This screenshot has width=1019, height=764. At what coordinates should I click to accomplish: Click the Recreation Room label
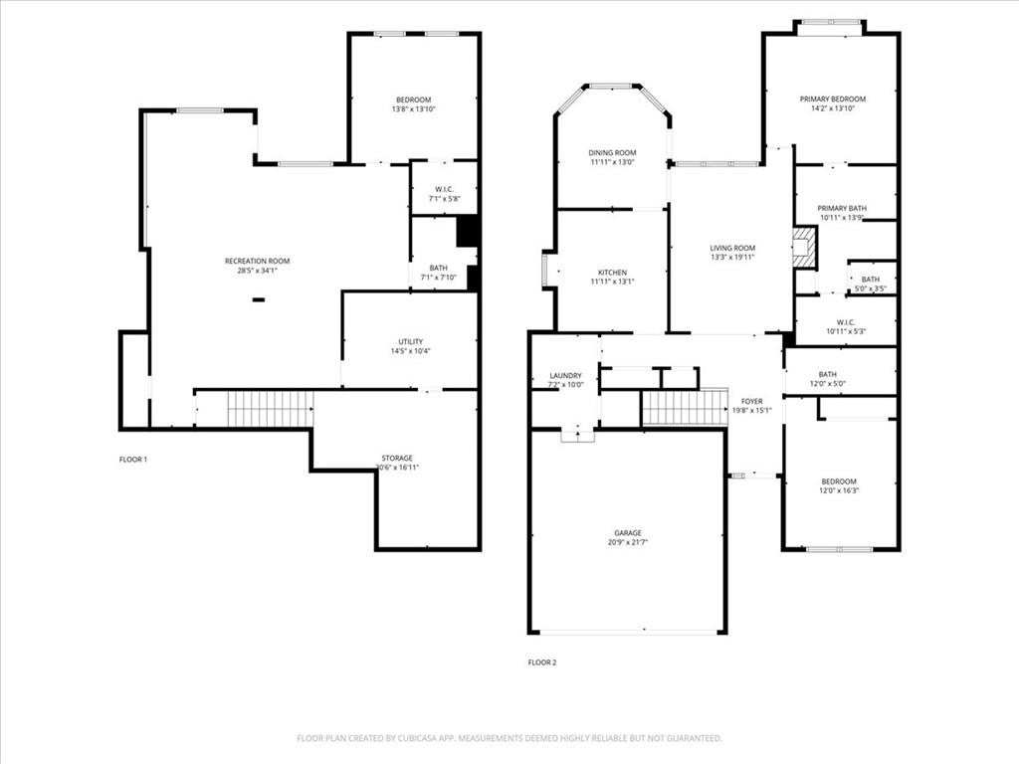[258, 262]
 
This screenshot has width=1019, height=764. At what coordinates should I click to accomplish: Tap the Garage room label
[628, 533]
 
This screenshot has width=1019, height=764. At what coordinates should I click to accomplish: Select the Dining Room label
[612, 153]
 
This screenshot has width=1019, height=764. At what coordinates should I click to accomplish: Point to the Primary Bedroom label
[833, 99]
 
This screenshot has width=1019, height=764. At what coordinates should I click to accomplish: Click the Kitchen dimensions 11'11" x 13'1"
[612, 282]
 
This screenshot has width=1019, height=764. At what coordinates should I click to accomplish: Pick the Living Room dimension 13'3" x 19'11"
[732, 258]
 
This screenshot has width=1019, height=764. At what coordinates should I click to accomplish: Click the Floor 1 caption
[133, 460]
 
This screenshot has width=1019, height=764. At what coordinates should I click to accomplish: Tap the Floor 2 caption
[542, 663]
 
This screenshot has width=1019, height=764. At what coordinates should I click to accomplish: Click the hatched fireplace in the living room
[804, 247]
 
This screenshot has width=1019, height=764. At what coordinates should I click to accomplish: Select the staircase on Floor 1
[270, 409]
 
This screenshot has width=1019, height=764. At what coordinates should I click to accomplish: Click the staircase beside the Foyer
[685, 407]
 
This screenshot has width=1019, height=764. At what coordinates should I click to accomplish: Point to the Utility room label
[411, 342]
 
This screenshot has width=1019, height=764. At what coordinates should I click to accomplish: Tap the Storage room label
[397, 458]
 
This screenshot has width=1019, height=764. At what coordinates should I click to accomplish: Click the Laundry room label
[565, 375]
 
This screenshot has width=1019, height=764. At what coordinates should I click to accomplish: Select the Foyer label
[752, 402]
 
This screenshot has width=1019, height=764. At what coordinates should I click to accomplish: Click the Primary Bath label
[842, 209]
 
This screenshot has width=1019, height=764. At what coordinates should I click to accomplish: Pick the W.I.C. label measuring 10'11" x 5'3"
[846, 322]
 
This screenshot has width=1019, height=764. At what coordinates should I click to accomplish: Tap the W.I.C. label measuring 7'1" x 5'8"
[445, 190]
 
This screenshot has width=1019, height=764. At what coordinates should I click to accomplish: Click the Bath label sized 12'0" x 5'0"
[827, 374]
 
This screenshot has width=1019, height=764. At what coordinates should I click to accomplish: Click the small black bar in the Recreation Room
[259, 299]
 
